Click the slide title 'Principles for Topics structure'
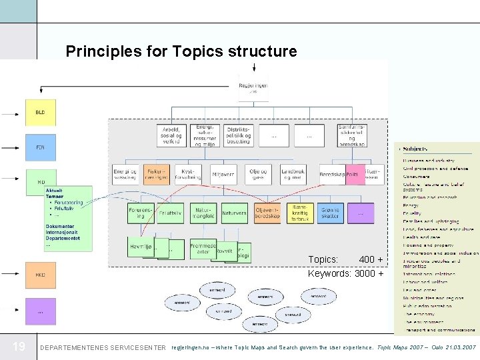tap(181, 51)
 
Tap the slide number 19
tap(19, 347)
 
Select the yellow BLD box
tap(41, 113)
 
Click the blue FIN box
tap(41, 147)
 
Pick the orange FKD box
tap(41, 275)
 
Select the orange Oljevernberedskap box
tap(268, 213)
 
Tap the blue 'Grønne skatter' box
tap(329, 213)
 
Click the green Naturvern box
tap(233, 213)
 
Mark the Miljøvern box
tap(223, 174)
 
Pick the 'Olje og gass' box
tap(257, 174)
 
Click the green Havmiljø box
tap(141, 247)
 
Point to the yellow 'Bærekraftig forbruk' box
tap(299, 213)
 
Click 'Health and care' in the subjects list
tap(422, 237)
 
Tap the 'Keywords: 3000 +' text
tap(345, 273)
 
